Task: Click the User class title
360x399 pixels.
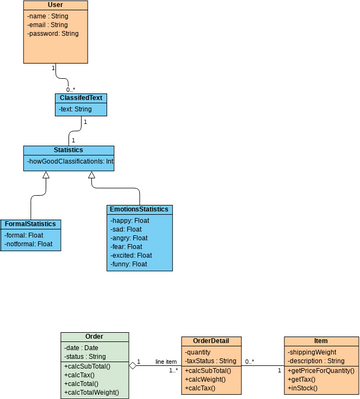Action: coord(55,6)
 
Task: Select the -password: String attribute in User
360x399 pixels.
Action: coord(53,34)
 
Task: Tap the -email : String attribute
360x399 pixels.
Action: coord(50,25)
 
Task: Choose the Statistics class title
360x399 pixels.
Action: coord(82,150)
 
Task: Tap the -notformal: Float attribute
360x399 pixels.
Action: coord(29,243)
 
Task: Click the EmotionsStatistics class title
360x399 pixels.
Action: coord(140,210)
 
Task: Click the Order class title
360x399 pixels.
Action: coord(94,338)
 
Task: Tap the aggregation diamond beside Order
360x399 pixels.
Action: coord(132,366)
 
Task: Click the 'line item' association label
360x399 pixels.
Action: coord(166,360)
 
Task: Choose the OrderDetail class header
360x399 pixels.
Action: coord(212,341)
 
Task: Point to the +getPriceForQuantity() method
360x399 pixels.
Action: coord(321,370)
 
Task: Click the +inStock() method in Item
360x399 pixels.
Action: coord(304,388)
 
